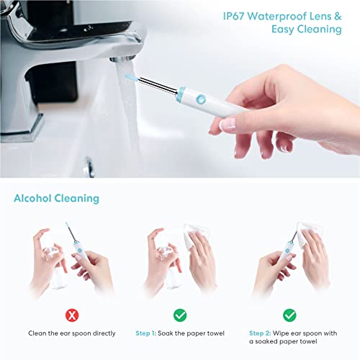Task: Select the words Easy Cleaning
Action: tap(306, 30)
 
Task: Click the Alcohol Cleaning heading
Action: tap(57, 198)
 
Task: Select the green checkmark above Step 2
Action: tap(289, 315)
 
